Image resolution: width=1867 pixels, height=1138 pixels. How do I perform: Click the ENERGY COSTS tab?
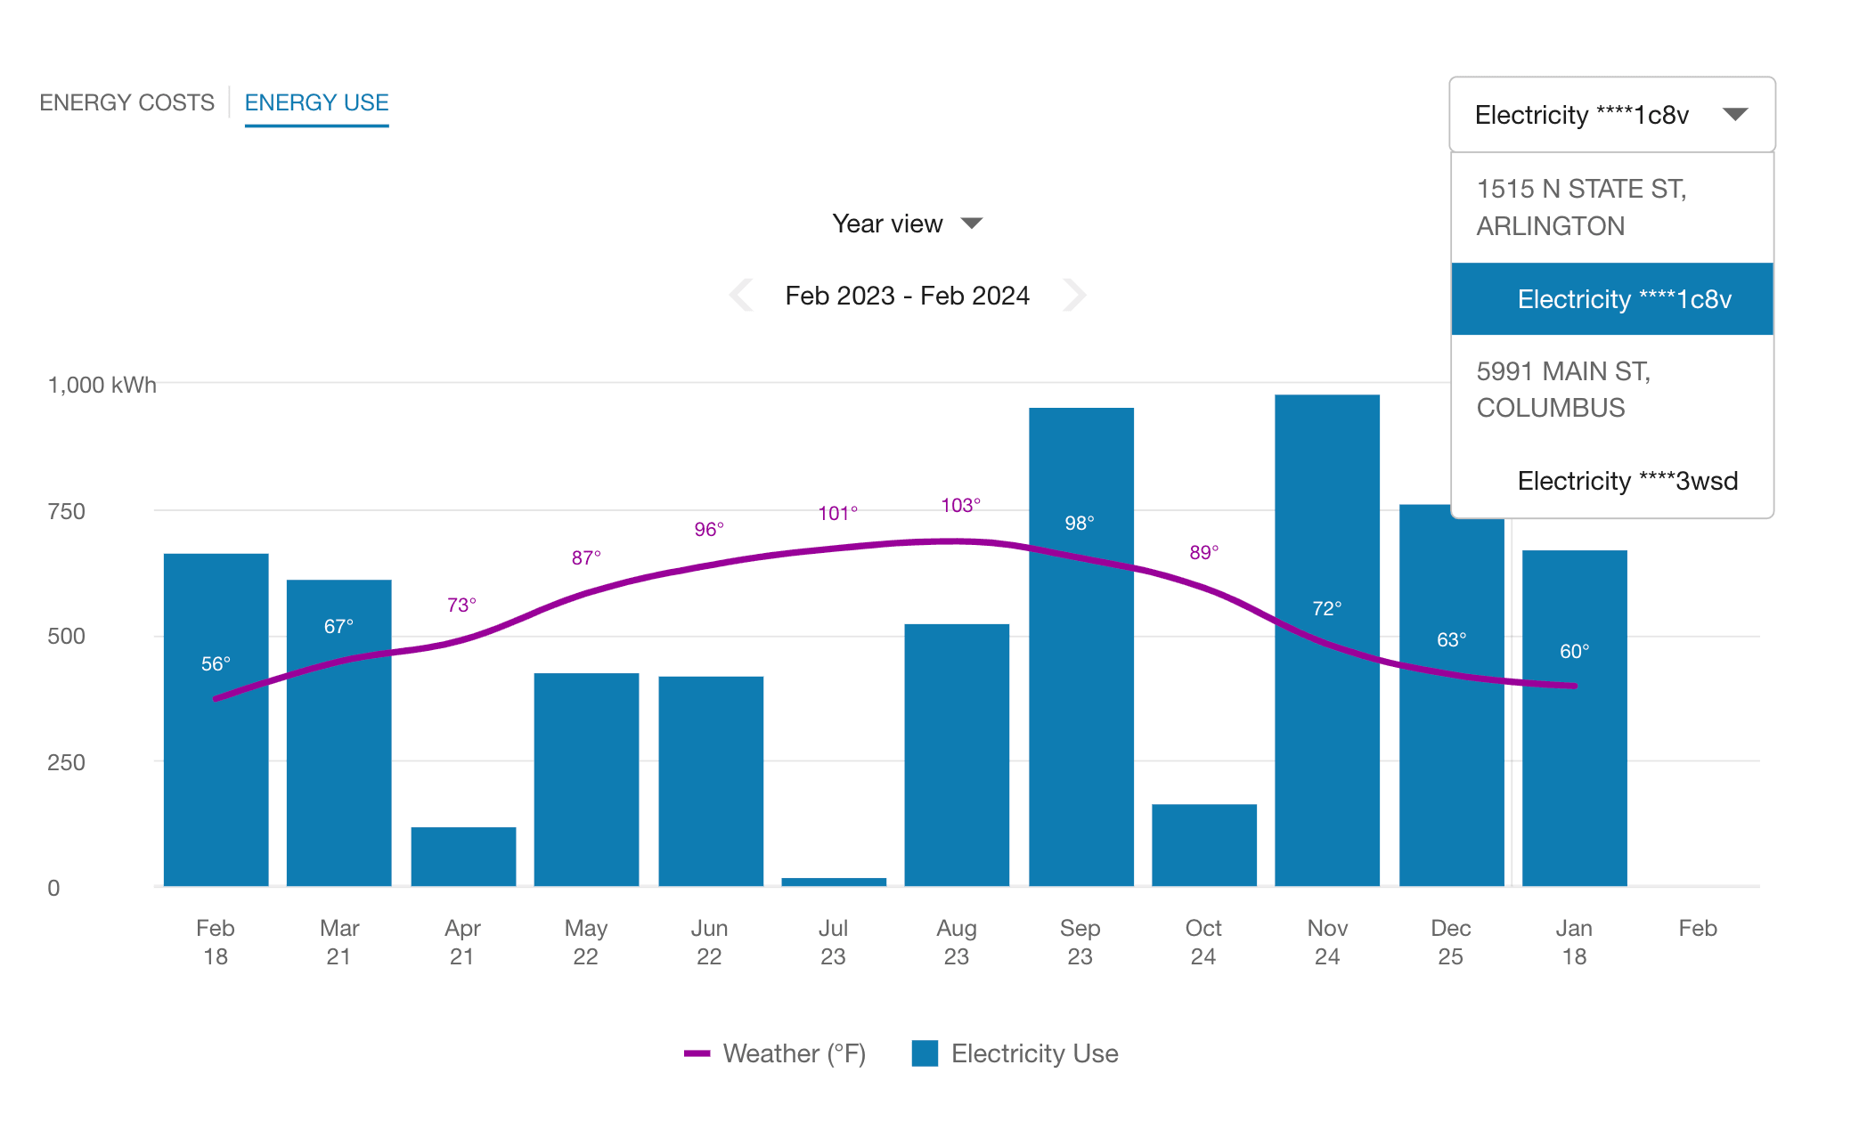[126, 102]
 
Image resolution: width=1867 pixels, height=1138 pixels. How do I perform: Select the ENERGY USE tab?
[316, 102]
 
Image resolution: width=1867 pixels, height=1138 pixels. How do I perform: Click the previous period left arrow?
[741, 295]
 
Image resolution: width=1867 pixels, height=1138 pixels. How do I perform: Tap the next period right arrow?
[1074, 295]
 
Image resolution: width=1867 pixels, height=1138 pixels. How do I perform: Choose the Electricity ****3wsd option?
[1626, 481]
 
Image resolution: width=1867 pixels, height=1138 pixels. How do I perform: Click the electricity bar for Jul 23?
[834, 882]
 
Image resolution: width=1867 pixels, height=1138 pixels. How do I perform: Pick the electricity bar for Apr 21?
[463, 856]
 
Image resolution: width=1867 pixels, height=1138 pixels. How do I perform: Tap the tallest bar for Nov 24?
[1326, 641]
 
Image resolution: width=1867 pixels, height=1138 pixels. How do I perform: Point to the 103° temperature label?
[960, 506]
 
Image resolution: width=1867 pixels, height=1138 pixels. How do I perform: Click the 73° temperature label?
[461, 606]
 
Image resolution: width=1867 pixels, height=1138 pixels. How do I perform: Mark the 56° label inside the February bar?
[216, 664]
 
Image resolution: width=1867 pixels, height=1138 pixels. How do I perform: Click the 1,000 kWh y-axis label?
[102, 385]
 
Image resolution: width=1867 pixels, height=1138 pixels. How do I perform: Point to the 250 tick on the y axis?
[66, 762]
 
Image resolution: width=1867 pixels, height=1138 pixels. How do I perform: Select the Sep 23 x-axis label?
[1080, 942]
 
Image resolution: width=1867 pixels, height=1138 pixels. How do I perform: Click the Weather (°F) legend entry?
[775, 1053]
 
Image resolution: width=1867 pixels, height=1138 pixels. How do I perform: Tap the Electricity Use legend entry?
[1015, 1053]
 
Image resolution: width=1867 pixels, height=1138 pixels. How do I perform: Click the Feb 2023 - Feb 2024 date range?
[907, 296]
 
